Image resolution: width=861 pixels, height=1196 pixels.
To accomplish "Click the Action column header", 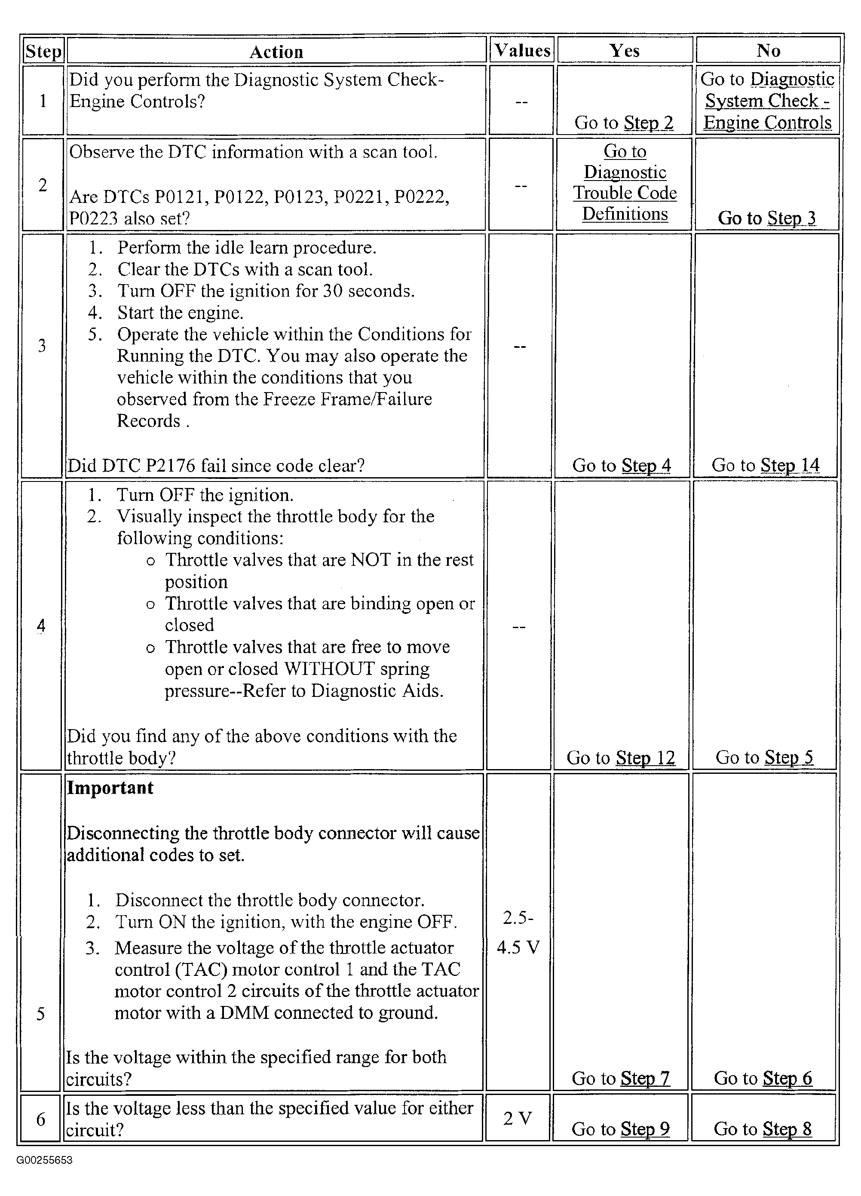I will pyautogui.click(x=276, y=52).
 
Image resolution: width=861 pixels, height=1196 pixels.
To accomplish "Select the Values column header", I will pyautogui.click(x=522, y=51).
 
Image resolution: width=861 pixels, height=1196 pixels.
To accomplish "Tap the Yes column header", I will pyautogui.click(x=624, y=51).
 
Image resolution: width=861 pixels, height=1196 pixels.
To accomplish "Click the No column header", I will pyautogui.click(x=768, y=51).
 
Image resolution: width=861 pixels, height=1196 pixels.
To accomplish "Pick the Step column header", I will pyautogui.click(x=43, y=51).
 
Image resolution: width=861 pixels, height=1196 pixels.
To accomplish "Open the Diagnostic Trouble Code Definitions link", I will pyautogui.click(x=625, y=182).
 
